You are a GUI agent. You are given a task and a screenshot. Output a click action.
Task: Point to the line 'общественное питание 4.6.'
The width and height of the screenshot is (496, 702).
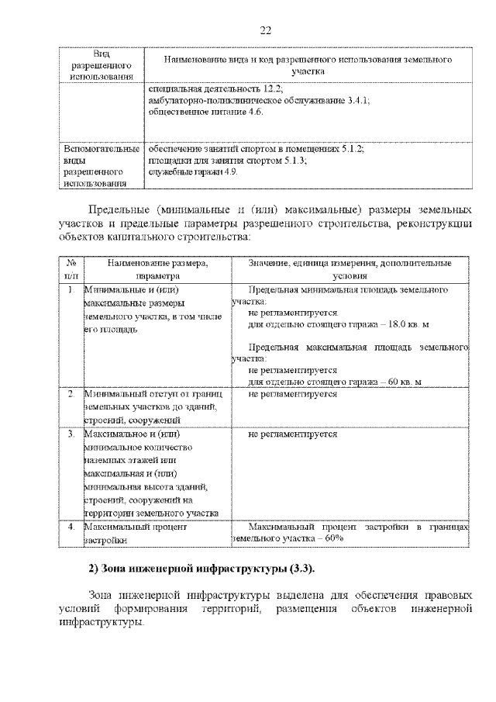[205, 112]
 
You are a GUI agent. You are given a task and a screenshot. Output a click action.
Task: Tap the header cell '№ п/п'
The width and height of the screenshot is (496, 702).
[71, 269]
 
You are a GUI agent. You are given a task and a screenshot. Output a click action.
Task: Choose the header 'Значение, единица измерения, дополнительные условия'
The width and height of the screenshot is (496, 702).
[351, 269]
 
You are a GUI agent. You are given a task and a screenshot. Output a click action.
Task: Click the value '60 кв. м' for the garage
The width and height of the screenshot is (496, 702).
[402, 382]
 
